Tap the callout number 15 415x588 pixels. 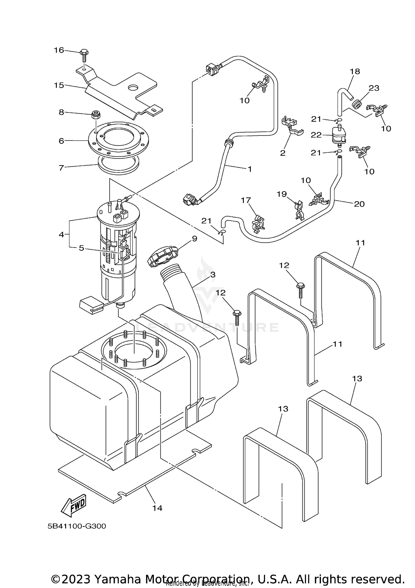pyautogui.click(x=59, y=85)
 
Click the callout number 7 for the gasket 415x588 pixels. pyautogui.click(x=61, y=168)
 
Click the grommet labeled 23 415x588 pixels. pyautogui.click(x=357, y=105)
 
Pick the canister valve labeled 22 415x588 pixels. pyautogui.click(x=339, y=135)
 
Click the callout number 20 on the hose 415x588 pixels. pyautogui.click(x=359, y=204)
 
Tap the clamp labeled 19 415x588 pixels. pyautogui.click(x=299, y=210)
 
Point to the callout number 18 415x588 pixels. pyautogui.click(x=355, y=71)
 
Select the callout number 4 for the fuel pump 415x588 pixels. pyautogui.click(x=61, y=235)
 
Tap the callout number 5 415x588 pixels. pyautogui.click(x=81, y=248)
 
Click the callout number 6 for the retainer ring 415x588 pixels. pyautogui.click(x=61, y=141)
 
